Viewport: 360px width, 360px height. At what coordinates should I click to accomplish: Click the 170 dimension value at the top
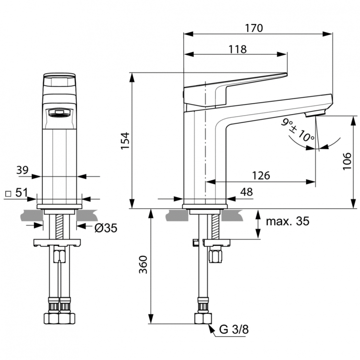pos(254,27)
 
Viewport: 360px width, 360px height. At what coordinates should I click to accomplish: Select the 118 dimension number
pos(238,49)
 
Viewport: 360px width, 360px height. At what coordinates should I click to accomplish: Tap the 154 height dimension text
pos(124,141)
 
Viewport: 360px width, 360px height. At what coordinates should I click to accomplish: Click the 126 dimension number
pos(261,176)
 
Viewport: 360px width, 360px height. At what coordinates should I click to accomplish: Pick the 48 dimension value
pos(246,192)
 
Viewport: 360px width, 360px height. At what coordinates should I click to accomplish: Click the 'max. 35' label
pos(288,221)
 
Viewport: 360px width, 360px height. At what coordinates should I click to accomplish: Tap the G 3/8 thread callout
pos(234,330)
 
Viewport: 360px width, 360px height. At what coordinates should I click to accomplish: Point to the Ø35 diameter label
pos(105,228)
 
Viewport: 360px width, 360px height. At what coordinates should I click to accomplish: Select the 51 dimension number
pos(21,193)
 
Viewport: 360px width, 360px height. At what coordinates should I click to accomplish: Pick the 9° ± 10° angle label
pos(298,130)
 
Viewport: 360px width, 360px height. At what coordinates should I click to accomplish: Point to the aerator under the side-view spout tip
pos(315,114)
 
